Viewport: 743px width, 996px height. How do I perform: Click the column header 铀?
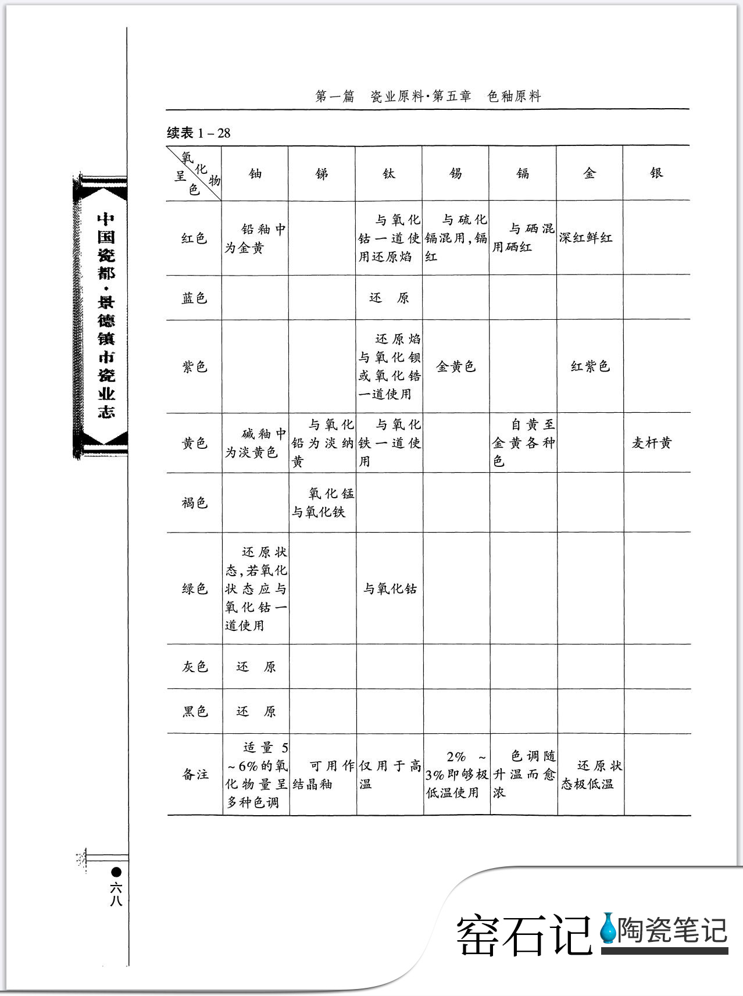(x=255, y=173)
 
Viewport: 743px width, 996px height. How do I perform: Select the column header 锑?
(x=322, y=173)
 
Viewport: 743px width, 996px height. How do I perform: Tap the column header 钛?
(x=389, y=173)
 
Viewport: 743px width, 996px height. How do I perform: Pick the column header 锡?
(x=456, y=173)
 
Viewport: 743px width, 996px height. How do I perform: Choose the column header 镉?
(x=523, y=173)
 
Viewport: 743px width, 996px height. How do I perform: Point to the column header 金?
(x=590, y=173)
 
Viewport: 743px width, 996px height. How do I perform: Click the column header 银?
(x=656, y=173)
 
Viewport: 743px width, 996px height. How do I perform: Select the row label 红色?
(x=194, y=238)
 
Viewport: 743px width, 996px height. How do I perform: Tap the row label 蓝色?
(x=194, y=298)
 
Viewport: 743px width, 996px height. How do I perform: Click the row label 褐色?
(x=194, y=502)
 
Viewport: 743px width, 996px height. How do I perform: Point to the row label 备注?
(x=195, y=774)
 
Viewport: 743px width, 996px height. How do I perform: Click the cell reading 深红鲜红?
(x=585, y=238)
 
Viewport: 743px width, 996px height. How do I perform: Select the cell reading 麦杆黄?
(x=652, y=443)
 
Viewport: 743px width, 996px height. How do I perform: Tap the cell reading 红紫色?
(x=590, y=366)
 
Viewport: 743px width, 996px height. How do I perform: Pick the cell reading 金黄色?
(x=456, y=366)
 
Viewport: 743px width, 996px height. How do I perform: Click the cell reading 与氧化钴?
(x=390, y=589)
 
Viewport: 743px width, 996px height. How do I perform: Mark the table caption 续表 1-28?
(x=199, y=133)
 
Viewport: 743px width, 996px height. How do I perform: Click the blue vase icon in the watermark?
(x=608, y=928)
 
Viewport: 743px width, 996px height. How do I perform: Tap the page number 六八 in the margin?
(x=116, y=894)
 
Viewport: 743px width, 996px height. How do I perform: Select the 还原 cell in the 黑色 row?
(x=256, y=712)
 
